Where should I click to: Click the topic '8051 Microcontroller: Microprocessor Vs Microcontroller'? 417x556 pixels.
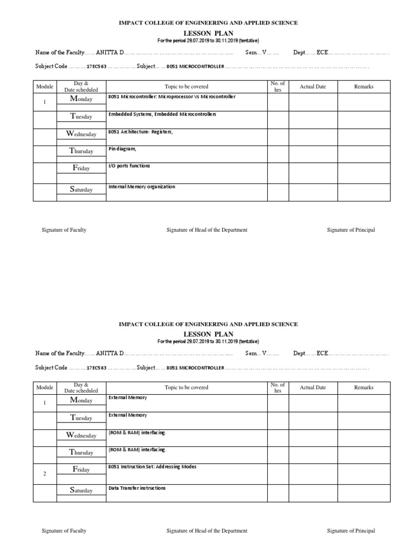point(172,97)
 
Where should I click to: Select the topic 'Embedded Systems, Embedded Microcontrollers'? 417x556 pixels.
point(162,114)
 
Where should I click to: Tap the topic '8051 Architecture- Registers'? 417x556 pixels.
point(141,131)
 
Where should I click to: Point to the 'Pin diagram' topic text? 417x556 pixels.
point(122,149)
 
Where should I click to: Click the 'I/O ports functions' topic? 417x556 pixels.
point(129,166)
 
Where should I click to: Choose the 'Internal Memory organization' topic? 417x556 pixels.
point(142,186)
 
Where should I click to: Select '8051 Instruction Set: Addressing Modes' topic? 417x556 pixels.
point(153,466)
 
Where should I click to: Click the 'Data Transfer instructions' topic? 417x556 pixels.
point(137,488)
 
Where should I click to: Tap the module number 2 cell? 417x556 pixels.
point(45,474)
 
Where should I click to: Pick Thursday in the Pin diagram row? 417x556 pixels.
point(81,151)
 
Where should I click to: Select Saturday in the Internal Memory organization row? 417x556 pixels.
point(81,189)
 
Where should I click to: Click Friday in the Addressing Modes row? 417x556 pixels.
point(81,470)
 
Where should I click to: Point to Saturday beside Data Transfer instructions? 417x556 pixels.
point(81,490)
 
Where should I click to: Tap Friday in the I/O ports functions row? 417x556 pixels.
point(81,168)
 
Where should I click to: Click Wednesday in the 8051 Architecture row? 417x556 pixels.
point(81,134)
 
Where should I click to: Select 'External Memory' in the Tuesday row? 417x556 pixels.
point(128,415)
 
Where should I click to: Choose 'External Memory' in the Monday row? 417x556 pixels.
point(128,397)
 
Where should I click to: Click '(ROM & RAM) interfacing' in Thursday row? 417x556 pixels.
point(137,450)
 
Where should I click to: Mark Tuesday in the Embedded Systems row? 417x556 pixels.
point(81,116)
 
